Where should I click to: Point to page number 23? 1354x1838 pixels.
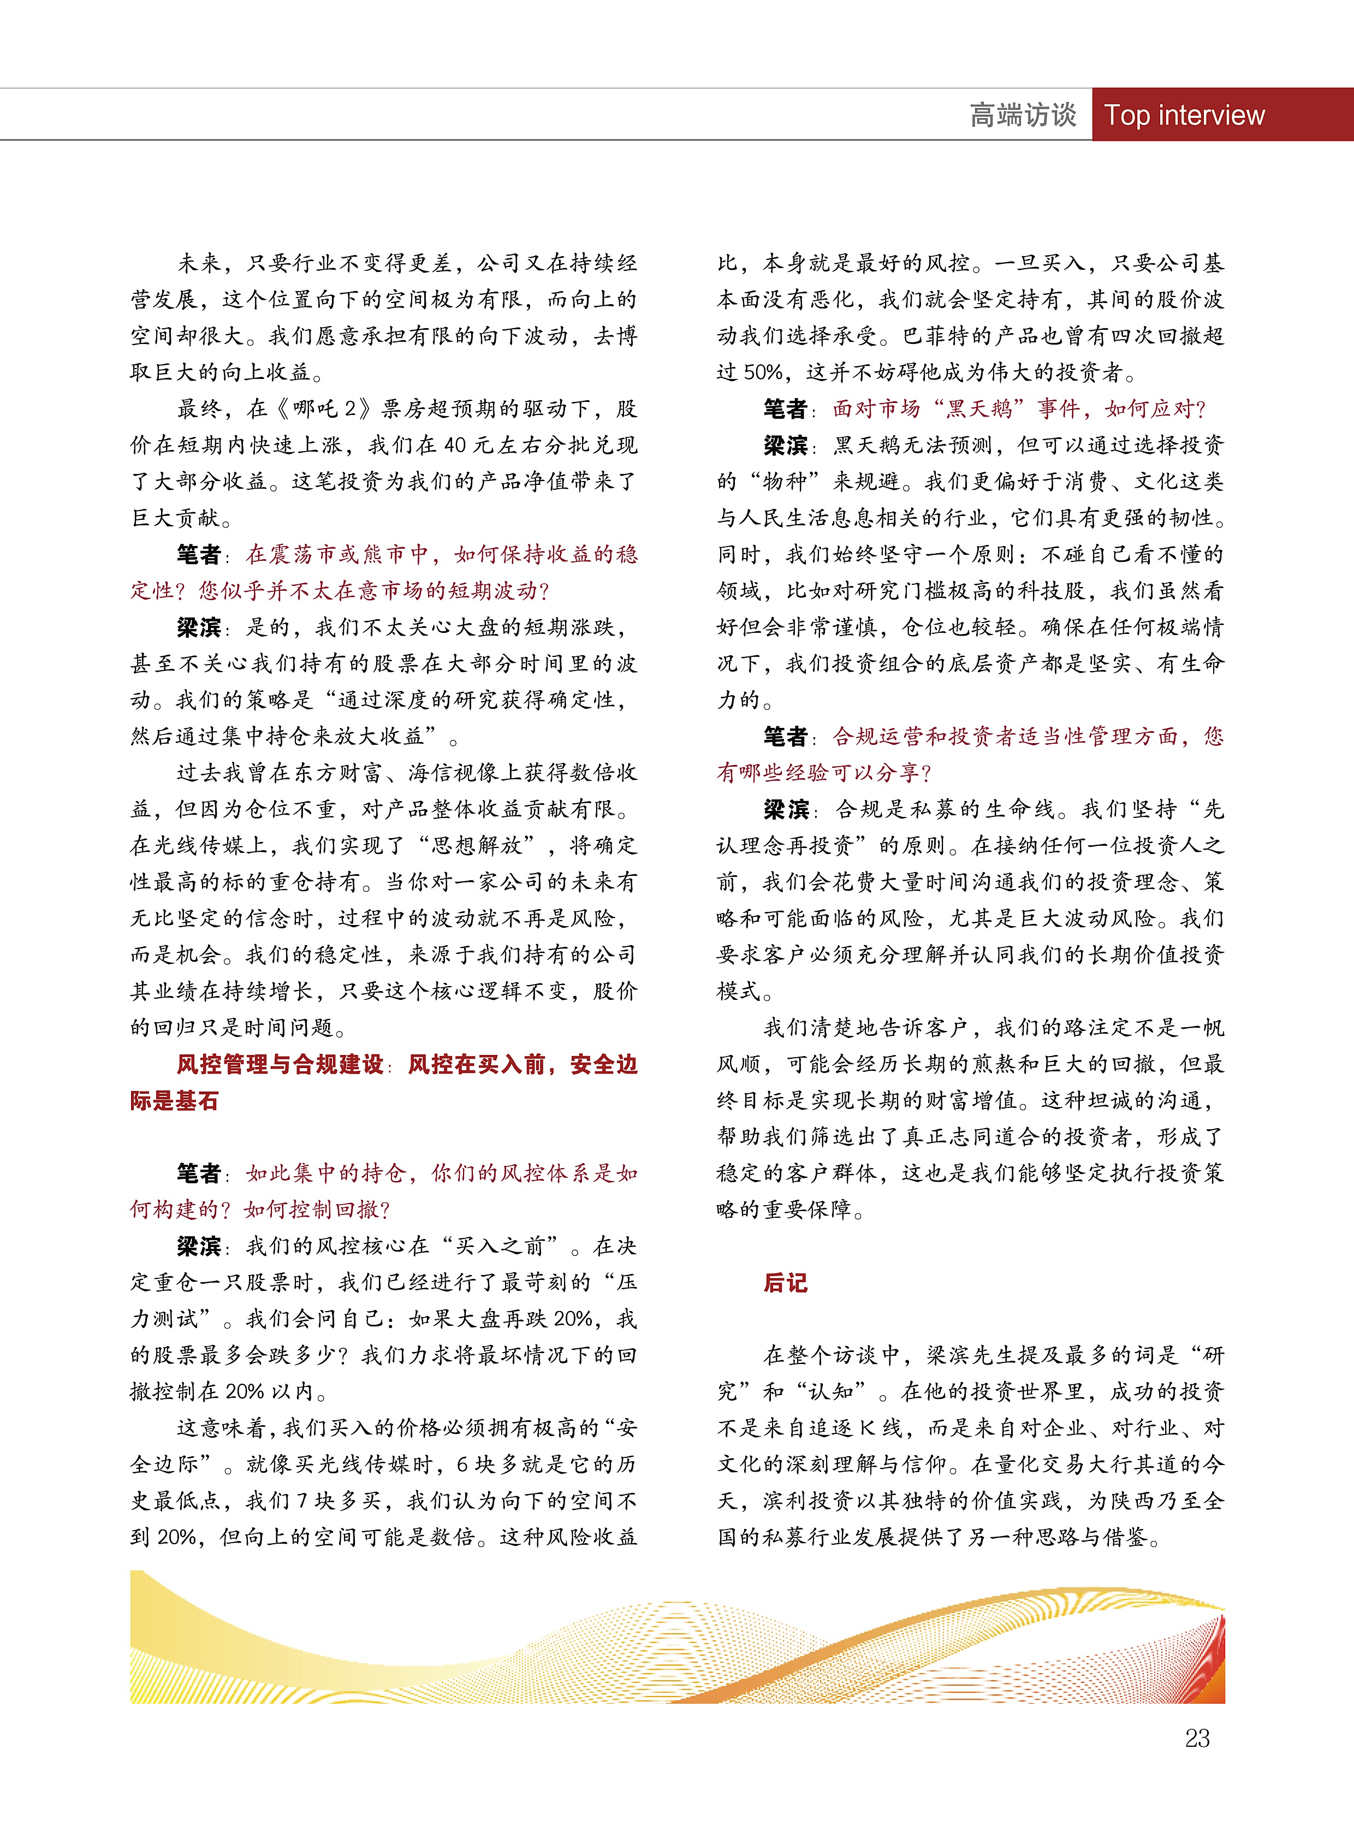pos(1197,1738)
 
